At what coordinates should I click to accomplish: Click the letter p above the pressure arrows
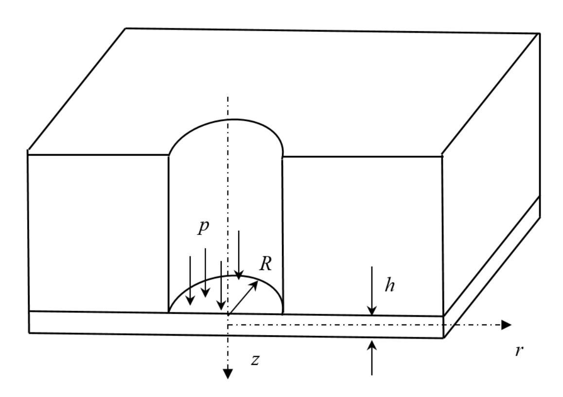point(203,227)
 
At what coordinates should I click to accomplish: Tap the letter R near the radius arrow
point(265,264)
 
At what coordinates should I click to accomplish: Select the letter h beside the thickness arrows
point(390,285)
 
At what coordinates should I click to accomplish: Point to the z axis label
point(255,360)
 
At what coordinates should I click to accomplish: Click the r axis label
point(519,350)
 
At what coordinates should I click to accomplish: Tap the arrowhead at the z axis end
point(228,374)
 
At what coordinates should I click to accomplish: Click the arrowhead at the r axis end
point(506,325)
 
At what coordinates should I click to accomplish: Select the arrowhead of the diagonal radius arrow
point(254,285)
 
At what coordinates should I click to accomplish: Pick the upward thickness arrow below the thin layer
point(372,358)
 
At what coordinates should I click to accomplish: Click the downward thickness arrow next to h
point(372,291)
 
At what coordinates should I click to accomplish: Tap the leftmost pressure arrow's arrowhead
point(190,300)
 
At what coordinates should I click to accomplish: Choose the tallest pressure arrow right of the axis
point(239,255)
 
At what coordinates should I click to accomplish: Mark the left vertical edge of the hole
point(168,234)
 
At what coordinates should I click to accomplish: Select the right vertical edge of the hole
point(282,235)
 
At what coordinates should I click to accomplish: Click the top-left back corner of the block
point(125,28)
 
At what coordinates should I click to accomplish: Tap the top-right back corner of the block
point(540,34)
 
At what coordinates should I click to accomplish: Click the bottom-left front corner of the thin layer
point(29,333)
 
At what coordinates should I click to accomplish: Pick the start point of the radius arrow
point(229,315)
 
